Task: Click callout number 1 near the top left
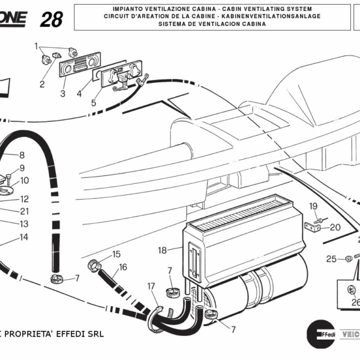pyautogui.click(x=37, y=46)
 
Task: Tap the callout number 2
pyautogui.click(x=42, y=84)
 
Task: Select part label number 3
pyautogui.click(x=62, y=94)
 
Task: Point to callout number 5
pyautogui.click(x=93, y=103)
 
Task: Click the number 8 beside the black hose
pyautogui.click(x=22, y=155)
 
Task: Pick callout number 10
pyautogui.click(x=24, y=180)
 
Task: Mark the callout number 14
pyautogui.click(x=24, y=237)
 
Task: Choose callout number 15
pyautogui.click(x=116, y=254)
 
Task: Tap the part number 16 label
pyautogui.click(x=123, y=267)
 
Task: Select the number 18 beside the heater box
pyautogui.click(x=162, y=250)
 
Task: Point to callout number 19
pyautogui.click(x=313, y=206)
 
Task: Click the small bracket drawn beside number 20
pyautogui.click(x=311, y=227)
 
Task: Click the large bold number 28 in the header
pyautogui.click(x=51, y=19)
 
